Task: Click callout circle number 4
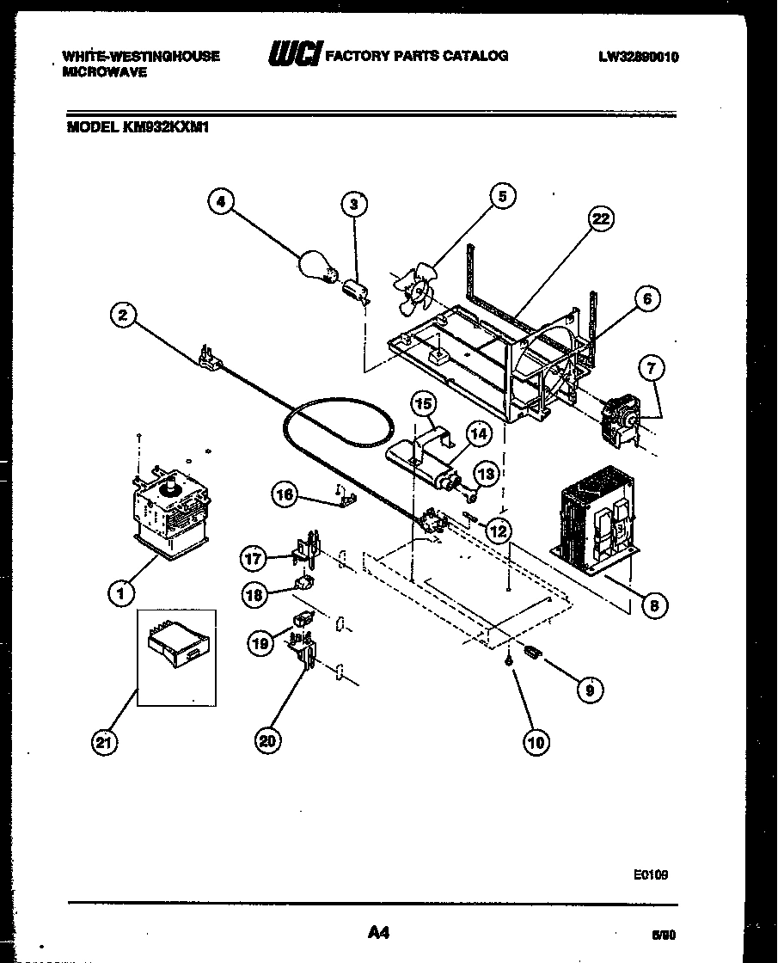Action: tap(222, 202)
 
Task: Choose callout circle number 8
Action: tap(654, 605)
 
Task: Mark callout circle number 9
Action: tap(589, 688)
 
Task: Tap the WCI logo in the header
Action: tap(294, 56)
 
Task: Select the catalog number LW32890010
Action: tap(639, 57)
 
